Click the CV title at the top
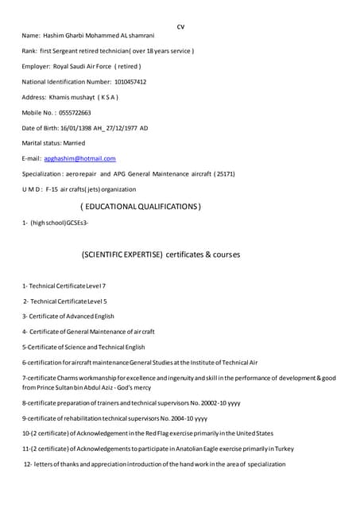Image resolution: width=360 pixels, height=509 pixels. (180, 27)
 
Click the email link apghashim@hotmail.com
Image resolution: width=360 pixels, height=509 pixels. (79, 158)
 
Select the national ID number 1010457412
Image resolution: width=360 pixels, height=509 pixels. (125, 82)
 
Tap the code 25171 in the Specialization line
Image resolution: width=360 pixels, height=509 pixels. (225, 173)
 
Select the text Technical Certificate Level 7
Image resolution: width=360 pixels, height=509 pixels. (67, 286)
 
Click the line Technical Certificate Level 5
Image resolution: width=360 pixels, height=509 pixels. (68, 301)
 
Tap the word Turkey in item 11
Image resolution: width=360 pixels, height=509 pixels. (284, 449)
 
